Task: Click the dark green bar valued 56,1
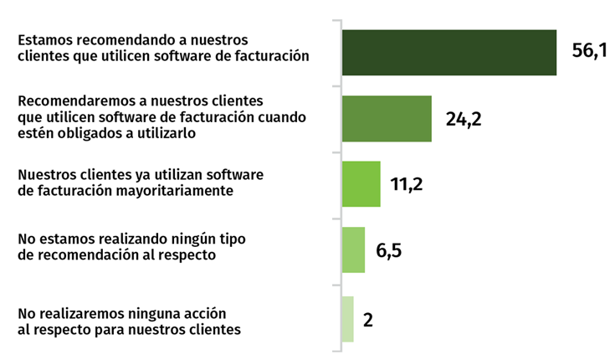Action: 449,53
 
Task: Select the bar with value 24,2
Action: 387,118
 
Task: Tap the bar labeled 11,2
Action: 361,184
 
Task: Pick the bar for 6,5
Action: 354,249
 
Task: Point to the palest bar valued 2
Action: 348,319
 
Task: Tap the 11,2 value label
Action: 406,184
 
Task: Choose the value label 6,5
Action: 389,250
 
